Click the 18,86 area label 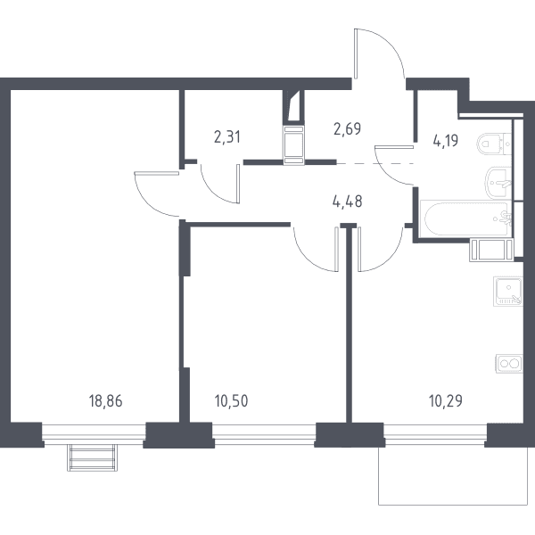pos(105,401)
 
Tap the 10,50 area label pos(231,401)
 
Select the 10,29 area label pos(446,401)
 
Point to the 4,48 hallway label pos(348,202)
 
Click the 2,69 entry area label pos(348,128)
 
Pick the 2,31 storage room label pos(227,136)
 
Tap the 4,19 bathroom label pos(446,140)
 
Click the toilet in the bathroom pos(494,144)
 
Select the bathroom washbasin pos(498,183)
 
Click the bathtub pos(466,218)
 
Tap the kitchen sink pos(507,291)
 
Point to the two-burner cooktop pos(509,364)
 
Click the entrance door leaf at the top pos(356,53)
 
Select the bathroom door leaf pos(394,147)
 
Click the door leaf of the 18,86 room pos(157,173)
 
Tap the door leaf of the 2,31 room pos(238,184)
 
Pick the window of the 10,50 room pos(264,434)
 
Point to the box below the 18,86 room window pos(92,457)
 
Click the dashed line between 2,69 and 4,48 pos(375,164)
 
